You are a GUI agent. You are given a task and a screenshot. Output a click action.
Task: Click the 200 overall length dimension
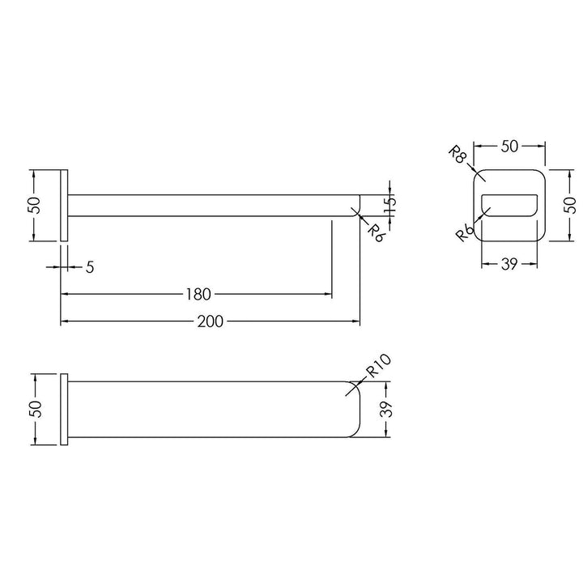pos(210,321)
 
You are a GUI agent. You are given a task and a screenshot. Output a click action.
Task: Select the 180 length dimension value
pos(198,295)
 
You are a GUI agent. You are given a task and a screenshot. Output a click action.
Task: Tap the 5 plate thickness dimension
pos(90,267)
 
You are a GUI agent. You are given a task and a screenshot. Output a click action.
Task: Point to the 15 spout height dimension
pos(390,205)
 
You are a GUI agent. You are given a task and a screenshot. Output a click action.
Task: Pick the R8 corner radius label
pos(457,155)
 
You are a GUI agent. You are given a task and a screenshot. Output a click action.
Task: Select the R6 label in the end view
pos(465,233)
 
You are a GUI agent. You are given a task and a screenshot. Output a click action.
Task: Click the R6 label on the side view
pos(376,233)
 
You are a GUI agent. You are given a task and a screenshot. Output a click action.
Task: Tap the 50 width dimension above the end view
pos(509,147)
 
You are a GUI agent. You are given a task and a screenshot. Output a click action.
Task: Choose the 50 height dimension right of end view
pos(569,205)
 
